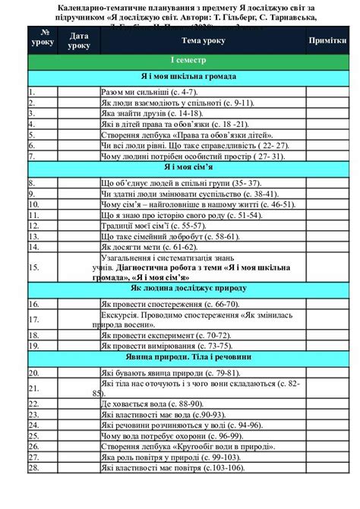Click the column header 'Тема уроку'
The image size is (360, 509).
click(203, 40)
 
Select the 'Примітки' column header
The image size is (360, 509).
click(327, 40)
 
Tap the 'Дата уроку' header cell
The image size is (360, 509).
click(78, 40)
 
